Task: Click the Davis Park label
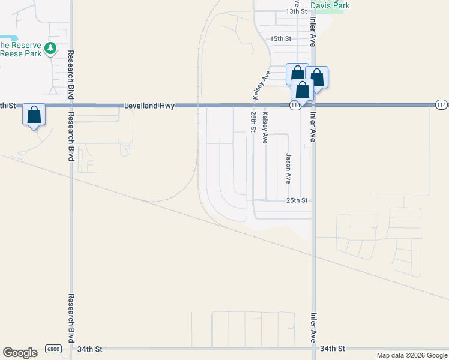click(x=330, y=5)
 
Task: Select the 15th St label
click(x=280, y=38)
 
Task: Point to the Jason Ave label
click(x=289, y=168)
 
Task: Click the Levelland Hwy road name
click(x=149, y=106)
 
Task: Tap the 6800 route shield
click(x=53, y=349)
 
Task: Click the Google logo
click(x=20, y=353)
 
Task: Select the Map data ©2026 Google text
click(x=411, y=355)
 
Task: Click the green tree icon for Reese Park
click(x=52, y=47)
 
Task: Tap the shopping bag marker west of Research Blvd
click(x=34, y=115)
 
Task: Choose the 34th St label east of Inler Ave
click(x=333, y=349)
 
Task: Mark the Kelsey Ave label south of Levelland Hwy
click(x=265, y=127)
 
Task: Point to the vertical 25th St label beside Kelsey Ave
click(x=254, y=122)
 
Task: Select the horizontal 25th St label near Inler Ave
click(x=297, y=200)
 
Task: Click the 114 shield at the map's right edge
click(x=441, y=106)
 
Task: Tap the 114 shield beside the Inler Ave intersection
click(x=294, y=106)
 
